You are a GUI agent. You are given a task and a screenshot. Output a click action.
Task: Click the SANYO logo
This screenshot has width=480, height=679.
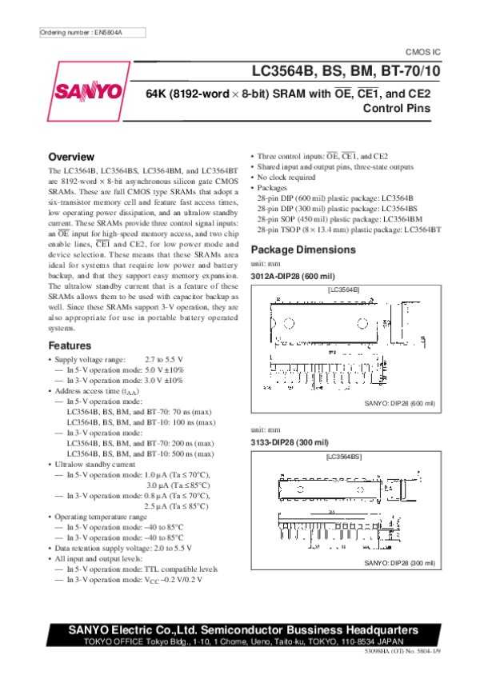88,93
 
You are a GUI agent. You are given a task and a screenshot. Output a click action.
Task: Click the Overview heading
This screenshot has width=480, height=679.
72,156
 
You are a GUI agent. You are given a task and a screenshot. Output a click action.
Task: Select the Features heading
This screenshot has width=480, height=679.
70,345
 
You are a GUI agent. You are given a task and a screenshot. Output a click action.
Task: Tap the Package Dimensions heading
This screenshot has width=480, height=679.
303,250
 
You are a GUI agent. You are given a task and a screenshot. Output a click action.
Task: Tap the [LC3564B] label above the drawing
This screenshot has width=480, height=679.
344,288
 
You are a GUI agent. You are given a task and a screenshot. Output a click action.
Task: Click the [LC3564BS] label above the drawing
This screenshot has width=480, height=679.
344,456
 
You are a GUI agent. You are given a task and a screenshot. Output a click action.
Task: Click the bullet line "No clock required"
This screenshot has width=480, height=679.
286,178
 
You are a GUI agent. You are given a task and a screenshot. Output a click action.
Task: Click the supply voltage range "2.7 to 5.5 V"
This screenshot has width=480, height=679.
170,360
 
